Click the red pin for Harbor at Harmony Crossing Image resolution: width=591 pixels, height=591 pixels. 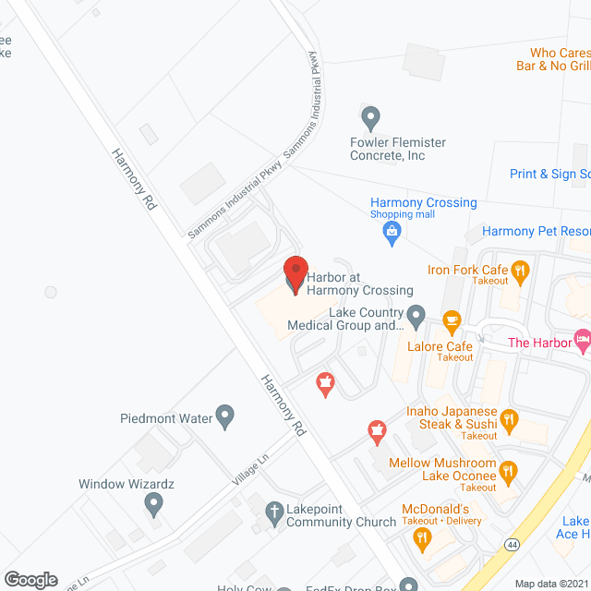click(x=295, y=273)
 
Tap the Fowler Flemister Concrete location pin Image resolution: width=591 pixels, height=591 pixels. click(x=370, y=118)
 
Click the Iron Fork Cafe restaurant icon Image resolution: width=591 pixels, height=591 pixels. click(x=521, y=271)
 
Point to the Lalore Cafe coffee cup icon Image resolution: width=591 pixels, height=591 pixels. click(x=452, y=321)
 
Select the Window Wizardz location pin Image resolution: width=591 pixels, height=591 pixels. click(x=153, y=504)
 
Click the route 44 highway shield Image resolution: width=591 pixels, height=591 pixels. click(x=511, y=545)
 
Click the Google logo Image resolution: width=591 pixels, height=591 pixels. click(x=30, y=579)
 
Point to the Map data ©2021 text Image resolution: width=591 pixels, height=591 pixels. click(x=550, y=584)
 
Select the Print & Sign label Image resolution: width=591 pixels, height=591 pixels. click(x=549, y=174)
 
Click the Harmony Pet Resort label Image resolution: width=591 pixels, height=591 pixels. click(x=537, y=231)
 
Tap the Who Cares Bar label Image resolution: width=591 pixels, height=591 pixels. click(x=553, y=59)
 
